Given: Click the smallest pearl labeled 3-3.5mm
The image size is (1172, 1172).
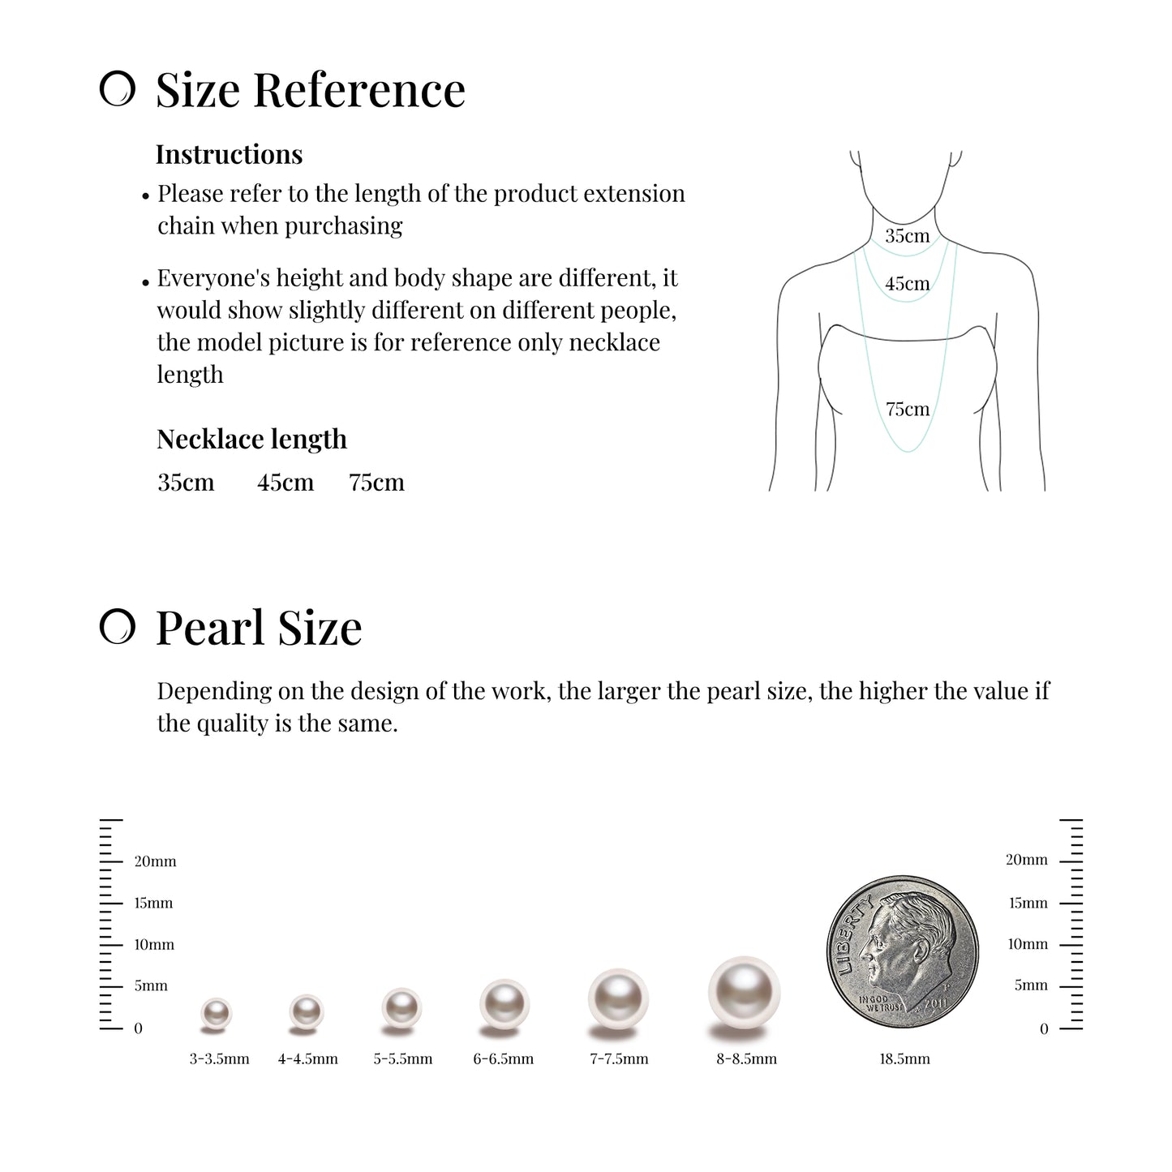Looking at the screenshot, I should coord(216,1013).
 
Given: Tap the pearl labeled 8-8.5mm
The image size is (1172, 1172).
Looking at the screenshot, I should coord(744,993).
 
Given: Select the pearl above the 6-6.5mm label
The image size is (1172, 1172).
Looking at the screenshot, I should coord(504,1004).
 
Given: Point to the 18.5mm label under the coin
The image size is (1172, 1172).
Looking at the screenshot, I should coord(904,1058).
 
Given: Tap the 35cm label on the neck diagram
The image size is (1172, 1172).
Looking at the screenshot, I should coord(907,236).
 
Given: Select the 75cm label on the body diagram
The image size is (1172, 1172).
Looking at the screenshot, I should coord(907,409).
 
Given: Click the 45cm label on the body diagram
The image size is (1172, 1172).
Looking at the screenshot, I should coord(907,284).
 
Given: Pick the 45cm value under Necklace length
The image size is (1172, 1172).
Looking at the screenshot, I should coord(285,483).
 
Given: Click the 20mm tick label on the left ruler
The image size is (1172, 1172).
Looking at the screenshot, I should coord(155,861).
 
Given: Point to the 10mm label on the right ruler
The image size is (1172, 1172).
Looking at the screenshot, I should coord(1028,944).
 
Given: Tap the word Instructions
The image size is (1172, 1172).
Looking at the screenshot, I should coord(229,154).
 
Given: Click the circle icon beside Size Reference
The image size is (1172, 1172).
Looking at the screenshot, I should coord(117,89).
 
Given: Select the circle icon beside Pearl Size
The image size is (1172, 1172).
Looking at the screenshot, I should coord(117,627).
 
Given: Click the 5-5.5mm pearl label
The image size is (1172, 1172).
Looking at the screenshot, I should coord(403,1058).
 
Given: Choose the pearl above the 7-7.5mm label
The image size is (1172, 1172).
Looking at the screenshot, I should coord(618,998).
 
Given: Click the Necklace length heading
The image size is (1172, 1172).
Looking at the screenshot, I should coord(251,439).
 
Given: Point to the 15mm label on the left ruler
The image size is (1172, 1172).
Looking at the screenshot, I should coord(153,903).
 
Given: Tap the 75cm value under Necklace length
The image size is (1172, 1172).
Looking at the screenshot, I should coord(376,483).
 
